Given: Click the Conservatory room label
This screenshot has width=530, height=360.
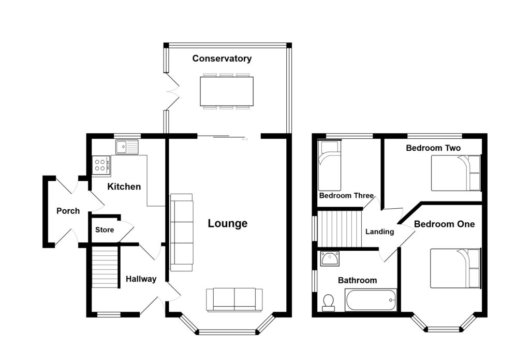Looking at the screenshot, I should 222,59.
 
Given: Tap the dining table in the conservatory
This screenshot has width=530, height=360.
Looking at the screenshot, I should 227,91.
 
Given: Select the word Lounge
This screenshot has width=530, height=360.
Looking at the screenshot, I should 227,224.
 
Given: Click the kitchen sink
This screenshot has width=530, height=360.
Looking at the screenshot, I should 127,147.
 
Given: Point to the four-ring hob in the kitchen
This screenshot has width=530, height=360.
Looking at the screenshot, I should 101,165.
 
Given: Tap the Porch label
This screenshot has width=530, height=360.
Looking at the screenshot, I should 68,211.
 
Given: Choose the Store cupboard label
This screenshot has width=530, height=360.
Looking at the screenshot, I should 105,229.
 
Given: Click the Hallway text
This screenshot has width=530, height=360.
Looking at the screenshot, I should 141,279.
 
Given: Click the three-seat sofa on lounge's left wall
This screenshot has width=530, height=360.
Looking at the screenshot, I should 181,232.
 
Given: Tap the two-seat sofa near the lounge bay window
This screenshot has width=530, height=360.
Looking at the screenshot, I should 234,300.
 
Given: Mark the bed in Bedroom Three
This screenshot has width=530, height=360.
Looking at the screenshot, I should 329,166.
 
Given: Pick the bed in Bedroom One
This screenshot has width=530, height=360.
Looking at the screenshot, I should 455,268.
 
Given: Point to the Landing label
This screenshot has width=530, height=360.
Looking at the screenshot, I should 379,232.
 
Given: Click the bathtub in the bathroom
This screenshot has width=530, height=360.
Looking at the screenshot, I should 371,299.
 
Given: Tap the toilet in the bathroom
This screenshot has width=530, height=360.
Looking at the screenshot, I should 328,302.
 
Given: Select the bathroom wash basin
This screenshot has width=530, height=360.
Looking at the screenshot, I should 329,258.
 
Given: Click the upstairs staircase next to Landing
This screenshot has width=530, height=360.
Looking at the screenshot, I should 338,228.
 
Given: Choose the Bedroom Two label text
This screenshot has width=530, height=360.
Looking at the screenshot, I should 433,148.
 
